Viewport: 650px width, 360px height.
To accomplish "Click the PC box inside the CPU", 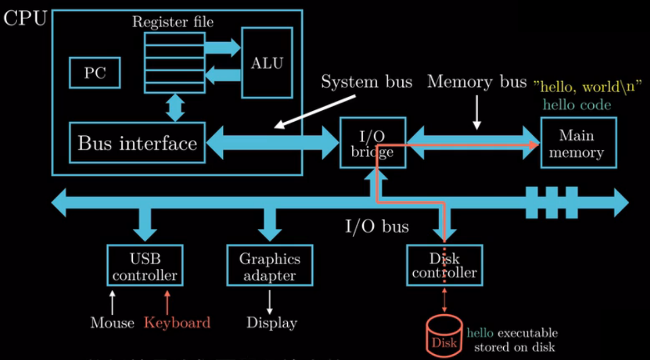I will click(x=95, y=73).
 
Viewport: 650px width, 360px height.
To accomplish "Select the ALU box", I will click(x=267, y=63).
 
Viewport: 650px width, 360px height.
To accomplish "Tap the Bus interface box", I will click(x=137, y=143).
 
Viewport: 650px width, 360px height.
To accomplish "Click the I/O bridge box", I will click(x=372, y=143).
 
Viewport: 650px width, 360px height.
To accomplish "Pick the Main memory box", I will click(x=578, y=143).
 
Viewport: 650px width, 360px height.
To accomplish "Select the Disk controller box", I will click(x=444, y=265).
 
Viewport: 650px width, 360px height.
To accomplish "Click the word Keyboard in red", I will click(x=177, y=323).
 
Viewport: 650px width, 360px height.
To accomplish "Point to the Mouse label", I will click(x=112, y=323).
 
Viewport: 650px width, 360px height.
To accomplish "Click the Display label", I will click(x=272, y=323).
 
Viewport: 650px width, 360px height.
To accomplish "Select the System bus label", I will click(x=366, y=82).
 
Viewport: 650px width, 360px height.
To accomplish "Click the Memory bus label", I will click(x=477, y=82).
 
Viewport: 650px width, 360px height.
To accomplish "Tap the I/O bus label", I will click(x=377, y=226).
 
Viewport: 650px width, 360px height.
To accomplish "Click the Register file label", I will click(x=173, y=22).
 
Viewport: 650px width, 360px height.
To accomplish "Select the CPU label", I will click(x=25, y=19).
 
